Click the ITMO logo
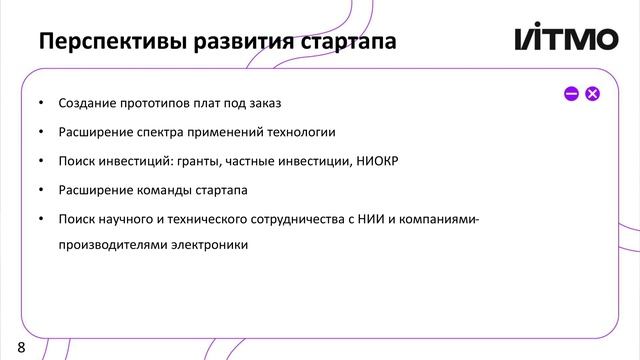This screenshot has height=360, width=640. coord(566,40)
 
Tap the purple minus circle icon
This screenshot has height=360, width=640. coord(571,94)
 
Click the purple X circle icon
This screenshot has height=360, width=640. coord(592,94)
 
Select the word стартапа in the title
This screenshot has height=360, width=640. coord(345,42)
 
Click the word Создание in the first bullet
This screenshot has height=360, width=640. coord(88,103)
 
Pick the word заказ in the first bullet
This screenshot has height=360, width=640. coord(265,103)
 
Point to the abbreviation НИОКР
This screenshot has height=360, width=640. coord(375,160)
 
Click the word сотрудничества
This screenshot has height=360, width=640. coord(297,217)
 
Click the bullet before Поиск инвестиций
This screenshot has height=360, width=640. coord(41,161)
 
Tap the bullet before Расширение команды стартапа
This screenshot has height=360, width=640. coord(41,189)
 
